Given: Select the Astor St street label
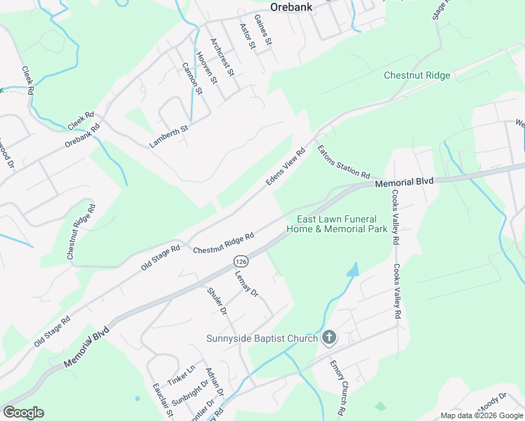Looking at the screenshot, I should click(x=246, y=36).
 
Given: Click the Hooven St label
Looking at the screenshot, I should click(x=207, y=68).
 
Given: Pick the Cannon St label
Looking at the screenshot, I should click(x=192, y=79).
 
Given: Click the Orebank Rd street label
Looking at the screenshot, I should click(x=82, y=135).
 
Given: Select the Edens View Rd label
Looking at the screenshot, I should click(x=286, y=167).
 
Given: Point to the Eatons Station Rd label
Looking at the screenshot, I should click(x=343, y=161).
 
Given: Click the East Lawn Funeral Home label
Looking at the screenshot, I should click(x=337, y=224).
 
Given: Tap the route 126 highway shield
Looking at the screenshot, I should click(x=240, y=260).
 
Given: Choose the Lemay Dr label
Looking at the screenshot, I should click(x=247, y=284).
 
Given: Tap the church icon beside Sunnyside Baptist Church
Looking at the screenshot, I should click(x=329, y=338).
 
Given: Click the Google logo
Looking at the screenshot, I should click(x=23, y=413).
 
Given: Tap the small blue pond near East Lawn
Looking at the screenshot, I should click(x=353, y=269).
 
